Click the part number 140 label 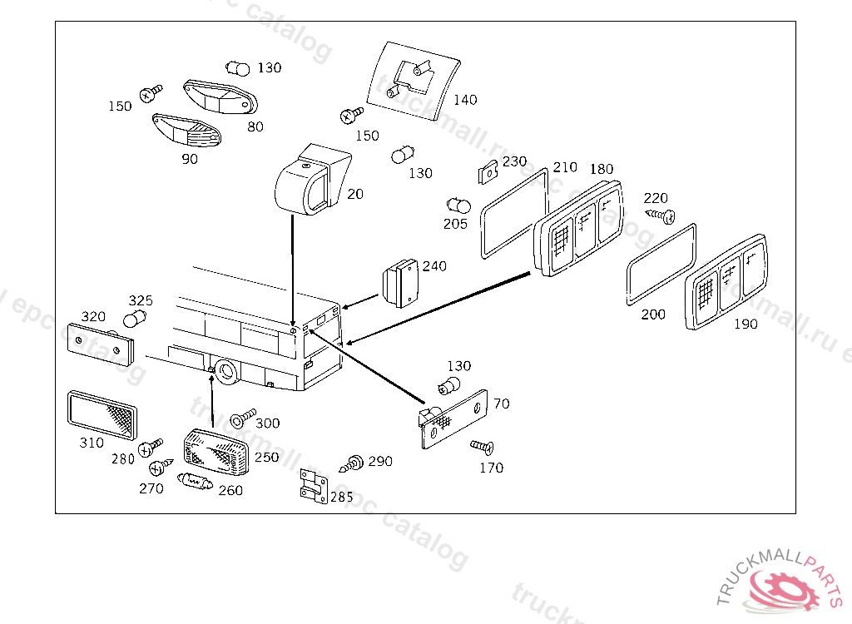click(465, 100)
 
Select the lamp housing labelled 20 click(312, 180)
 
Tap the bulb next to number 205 click(458, 206)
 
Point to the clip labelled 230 click(488, 173)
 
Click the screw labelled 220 click(661, 215)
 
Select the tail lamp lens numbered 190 click(726, 281)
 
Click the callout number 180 click(602, 169)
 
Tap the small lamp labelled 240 click(400, 283)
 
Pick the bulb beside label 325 click(134, 319)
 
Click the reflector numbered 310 click(102, 414)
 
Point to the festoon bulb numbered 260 click(195, 481)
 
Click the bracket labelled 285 click(314, 485)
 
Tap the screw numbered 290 click(352, 463)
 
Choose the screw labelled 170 click(482, 447)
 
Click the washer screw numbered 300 click(242, 418)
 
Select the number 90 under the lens click(190, 159)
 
